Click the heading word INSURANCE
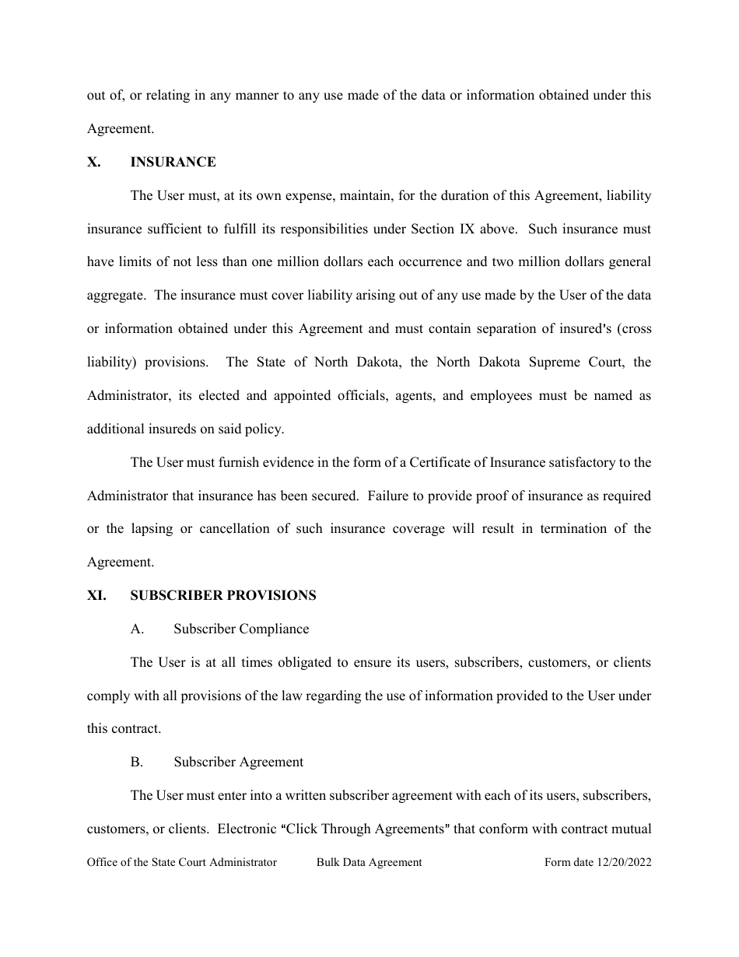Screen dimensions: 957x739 tap(173, 162)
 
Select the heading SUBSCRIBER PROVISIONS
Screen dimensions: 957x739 tap(223, 595)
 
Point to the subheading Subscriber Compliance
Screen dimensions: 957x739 tap(241, 629)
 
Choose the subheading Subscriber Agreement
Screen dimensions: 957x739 tap(238, 762)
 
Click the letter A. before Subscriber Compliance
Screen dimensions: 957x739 tap(138, 629)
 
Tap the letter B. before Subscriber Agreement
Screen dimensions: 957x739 tap(137, 762)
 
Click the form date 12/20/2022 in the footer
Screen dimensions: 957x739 tap(597, 862)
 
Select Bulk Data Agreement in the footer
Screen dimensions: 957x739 tap(369, 862)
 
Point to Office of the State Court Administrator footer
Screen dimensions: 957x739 tap(182, 862)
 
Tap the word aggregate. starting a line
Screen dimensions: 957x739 tap(116, 295)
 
